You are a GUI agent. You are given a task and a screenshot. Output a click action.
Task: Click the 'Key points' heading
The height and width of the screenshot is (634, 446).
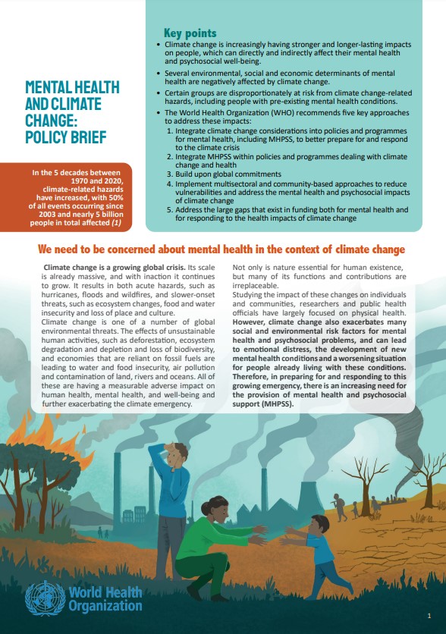click(190, 33)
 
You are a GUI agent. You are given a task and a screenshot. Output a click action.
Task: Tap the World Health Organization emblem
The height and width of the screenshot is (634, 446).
click(43, 597)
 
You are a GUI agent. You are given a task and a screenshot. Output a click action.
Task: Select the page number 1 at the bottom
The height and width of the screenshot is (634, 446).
click(429, 615)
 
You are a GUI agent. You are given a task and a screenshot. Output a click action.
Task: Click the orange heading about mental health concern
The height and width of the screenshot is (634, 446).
click(221, 250)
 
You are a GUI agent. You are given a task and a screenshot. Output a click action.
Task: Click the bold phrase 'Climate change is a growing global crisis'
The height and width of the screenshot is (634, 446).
click(114, 268)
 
